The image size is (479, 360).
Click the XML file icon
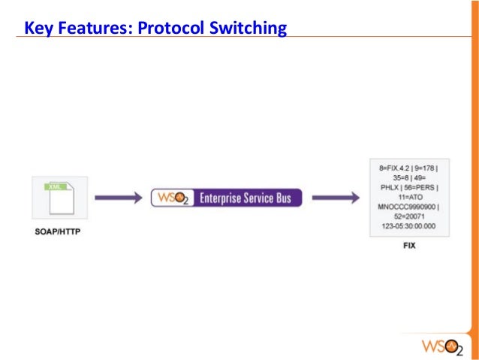pyautogui.click(x=60, y=198)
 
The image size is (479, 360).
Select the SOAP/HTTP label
pyautogui.click(x=58, y=231)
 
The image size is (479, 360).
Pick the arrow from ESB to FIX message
pyautogui.click(x=334, y=198)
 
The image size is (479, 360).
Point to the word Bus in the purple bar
pyautogui.click(x=292, y=198)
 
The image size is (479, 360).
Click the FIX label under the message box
pyautogui.click(x=409, y=245)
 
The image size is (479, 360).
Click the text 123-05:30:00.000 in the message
pyautogui.click(x=409, y=226)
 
